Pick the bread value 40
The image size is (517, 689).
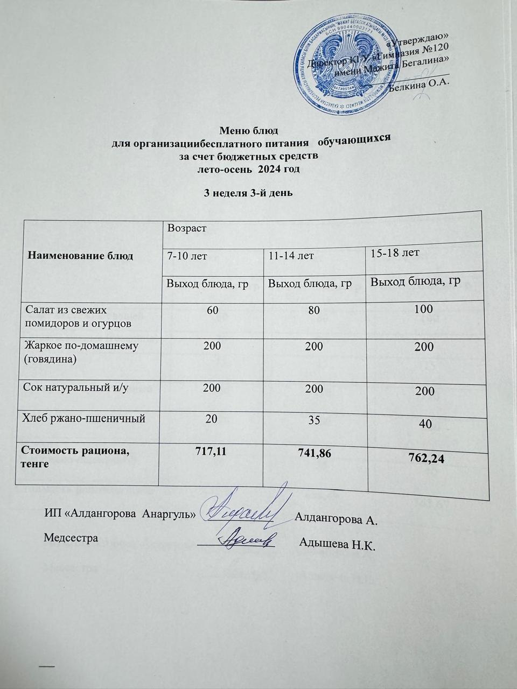pyautogui.click(x=425, y=424)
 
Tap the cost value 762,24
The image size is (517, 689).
pyautogui.click(x=425, y=458)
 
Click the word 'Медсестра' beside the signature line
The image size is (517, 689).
pyautogui.click(x=71, y=537)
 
